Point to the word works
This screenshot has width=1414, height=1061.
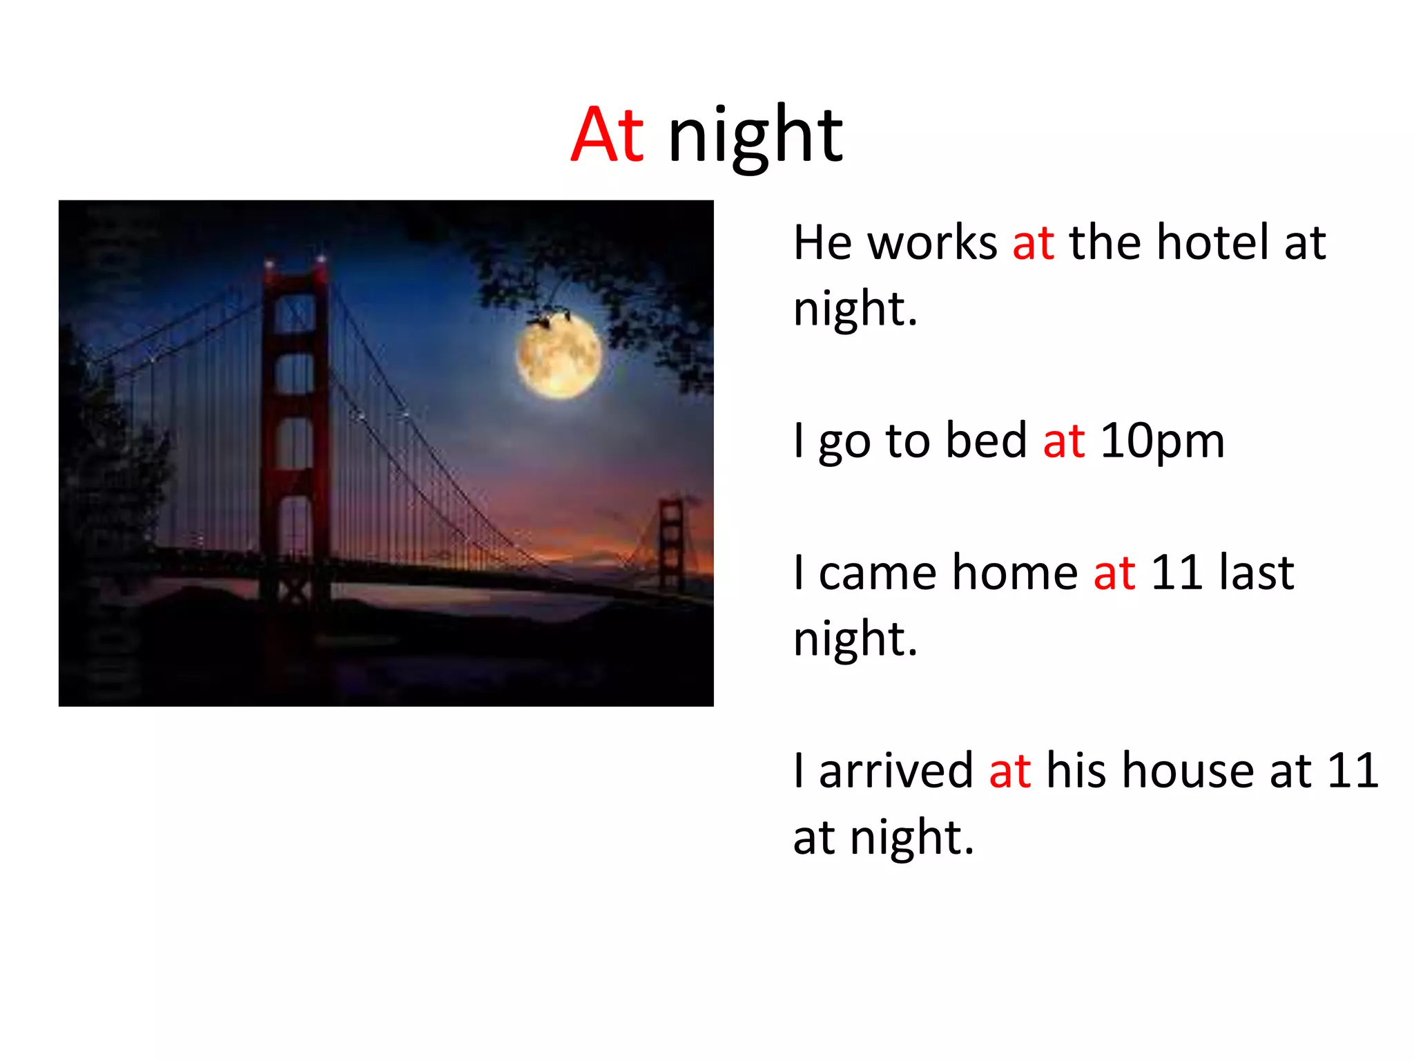932,242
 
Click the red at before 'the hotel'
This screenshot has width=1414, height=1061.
1033,242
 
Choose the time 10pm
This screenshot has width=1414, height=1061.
1162,441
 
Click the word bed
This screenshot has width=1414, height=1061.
986,441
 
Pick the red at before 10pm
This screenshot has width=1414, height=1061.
1063,441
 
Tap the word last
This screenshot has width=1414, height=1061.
1256,573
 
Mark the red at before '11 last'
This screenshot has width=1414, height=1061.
1114,573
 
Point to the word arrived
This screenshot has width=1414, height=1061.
895,770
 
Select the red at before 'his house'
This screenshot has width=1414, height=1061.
1009,770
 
